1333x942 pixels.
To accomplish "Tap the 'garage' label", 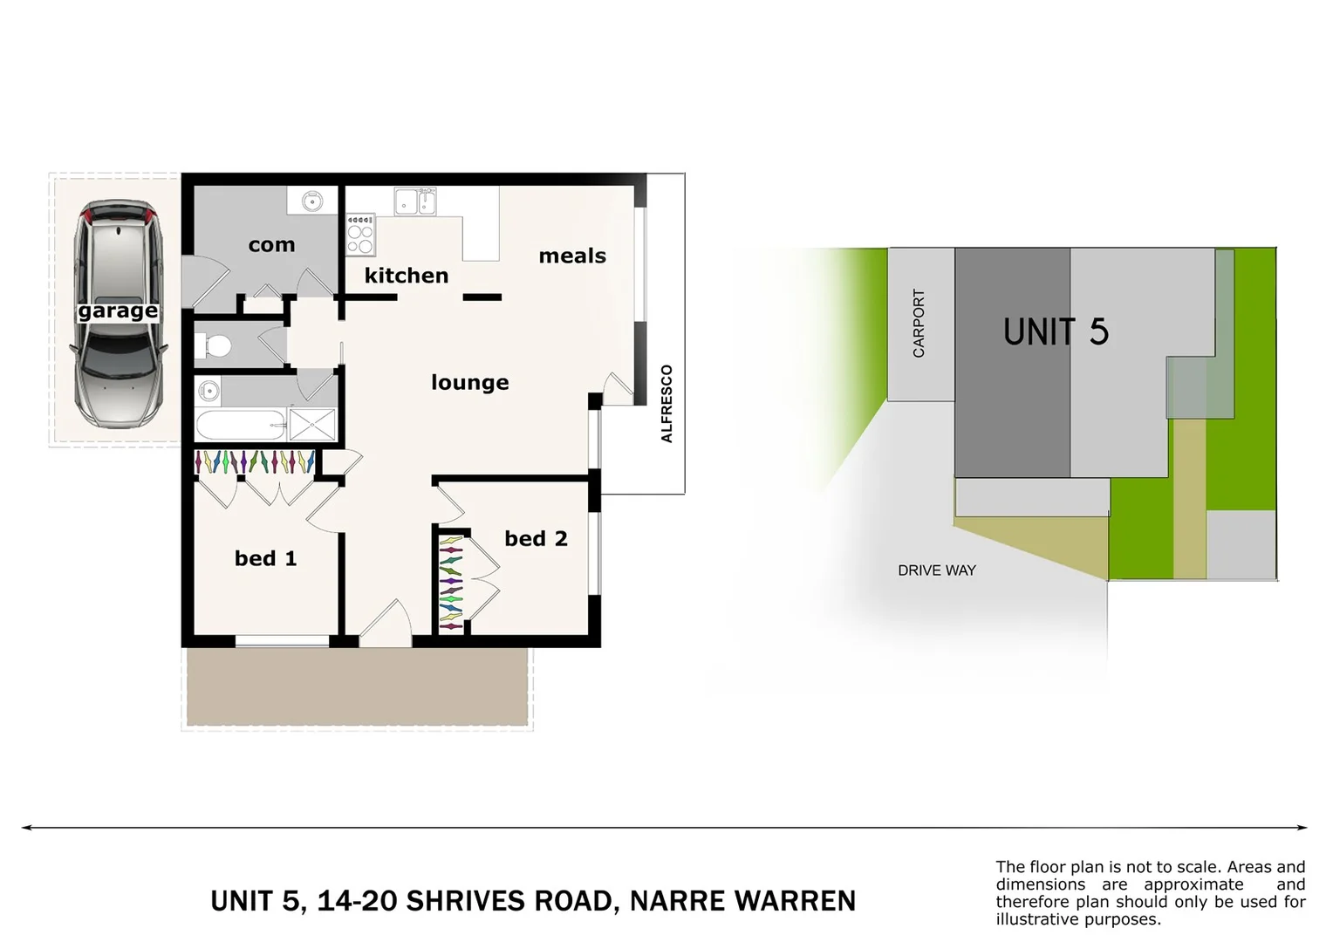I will tap(118, 311).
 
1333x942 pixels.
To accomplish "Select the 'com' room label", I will tap(271, 245).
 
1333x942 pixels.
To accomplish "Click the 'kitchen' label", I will tap(407, 276).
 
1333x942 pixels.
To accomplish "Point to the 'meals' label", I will tap(572, 256).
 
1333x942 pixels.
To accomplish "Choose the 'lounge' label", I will tap(470, 382).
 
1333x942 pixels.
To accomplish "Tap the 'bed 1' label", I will tap(265, 558).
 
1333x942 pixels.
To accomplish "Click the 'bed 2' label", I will tap(536, 539).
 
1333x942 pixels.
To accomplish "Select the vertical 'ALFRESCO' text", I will tap(667, 404).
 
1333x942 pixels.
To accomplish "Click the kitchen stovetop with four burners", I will tap(360, 234).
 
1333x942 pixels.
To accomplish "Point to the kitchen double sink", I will tap(414, 202).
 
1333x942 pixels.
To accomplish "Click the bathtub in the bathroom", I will tap(241, 426).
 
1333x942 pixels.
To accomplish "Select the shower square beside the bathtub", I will tap(312, 425).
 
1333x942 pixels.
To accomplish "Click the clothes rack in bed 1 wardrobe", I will tap(254, 461).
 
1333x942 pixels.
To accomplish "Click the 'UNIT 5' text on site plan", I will tap(1056, 332).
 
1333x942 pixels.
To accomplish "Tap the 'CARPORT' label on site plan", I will tap(919, 324).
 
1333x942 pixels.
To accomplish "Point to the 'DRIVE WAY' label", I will tap(937, 570).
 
